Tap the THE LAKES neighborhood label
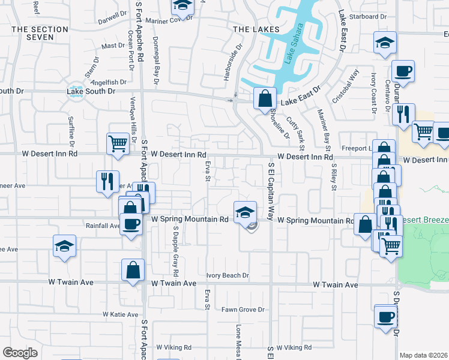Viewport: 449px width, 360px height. coord(256,29)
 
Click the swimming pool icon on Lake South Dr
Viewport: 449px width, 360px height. coord(76,92)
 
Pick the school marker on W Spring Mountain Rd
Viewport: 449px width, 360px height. coord(245,212)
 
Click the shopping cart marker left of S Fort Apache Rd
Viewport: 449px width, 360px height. coord(118,143)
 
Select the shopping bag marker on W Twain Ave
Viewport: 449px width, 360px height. coord(133,270)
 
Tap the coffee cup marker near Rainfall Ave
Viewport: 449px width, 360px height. coord(131,224)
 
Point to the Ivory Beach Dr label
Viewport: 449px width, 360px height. coord(228,276)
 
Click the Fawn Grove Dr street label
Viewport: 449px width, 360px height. coord(243,310)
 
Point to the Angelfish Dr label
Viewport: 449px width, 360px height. coord(110,82)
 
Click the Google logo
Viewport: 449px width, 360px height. coord(20,353)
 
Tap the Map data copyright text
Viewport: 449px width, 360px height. coord(423,355)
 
